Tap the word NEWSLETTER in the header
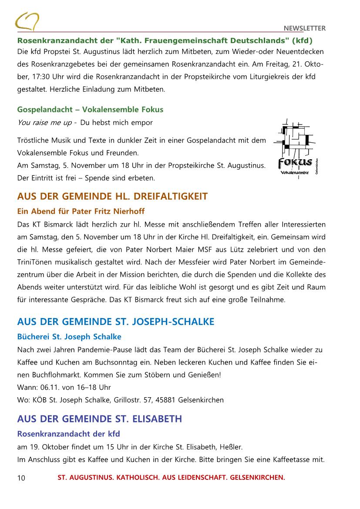tap(304, 28)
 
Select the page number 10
tap(21, 478)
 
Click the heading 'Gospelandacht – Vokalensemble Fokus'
tap(90, 109)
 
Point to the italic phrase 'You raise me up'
tap(44, 123)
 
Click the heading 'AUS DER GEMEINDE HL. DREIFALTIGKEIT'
tap(112, 196)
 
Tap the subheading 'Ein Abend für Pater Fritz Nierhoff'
tap(81, 211)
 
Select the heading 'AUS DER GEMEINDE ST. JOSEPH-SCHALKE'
tap(115, 322)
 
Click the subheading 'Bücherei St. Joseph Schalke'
tap(69, 336)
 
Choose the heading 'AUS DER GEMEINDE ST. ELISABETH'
tap(99, 419)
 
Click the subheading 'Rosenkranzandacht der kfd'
tap(68, 434)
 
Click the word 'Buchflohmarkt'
tap(54, 374)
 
